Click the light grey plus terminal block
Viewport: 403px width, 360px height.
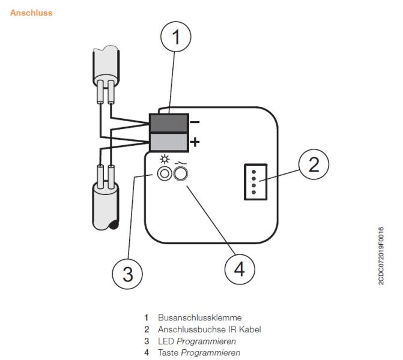coord(168,143)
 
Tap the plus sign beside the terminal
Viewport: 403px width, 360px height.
coord(194,143)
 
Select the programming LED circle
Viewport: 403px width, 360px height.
coord(164,175)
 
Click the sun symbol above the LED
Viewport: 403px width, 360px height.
coord(164,161)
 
